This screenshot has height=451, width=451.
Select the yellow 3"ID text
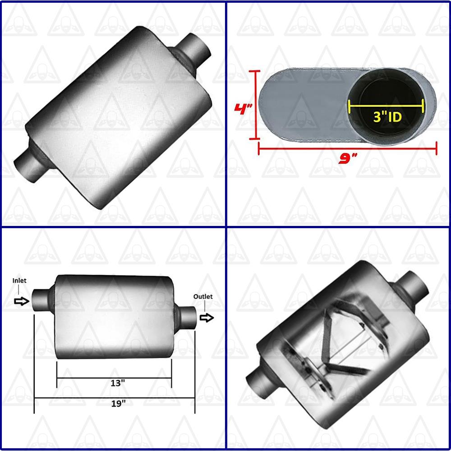[387, 117]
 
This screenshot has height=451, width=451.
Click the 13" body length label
[117, 383]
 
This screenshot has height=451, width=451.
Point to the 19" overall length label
[117, 404]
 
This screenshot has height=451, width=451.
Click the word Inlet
[19, 281]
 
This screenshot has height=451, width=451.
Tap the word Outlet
[203, 296]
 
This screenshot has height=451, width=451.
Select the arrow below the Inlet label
[21, 301]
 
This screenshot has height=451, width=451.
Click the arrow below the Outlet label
[207, 318]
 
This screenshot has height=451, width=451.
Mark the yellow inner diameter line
[387, 106]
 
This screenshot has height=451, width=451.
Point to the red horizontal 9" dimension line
[347, 147]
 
